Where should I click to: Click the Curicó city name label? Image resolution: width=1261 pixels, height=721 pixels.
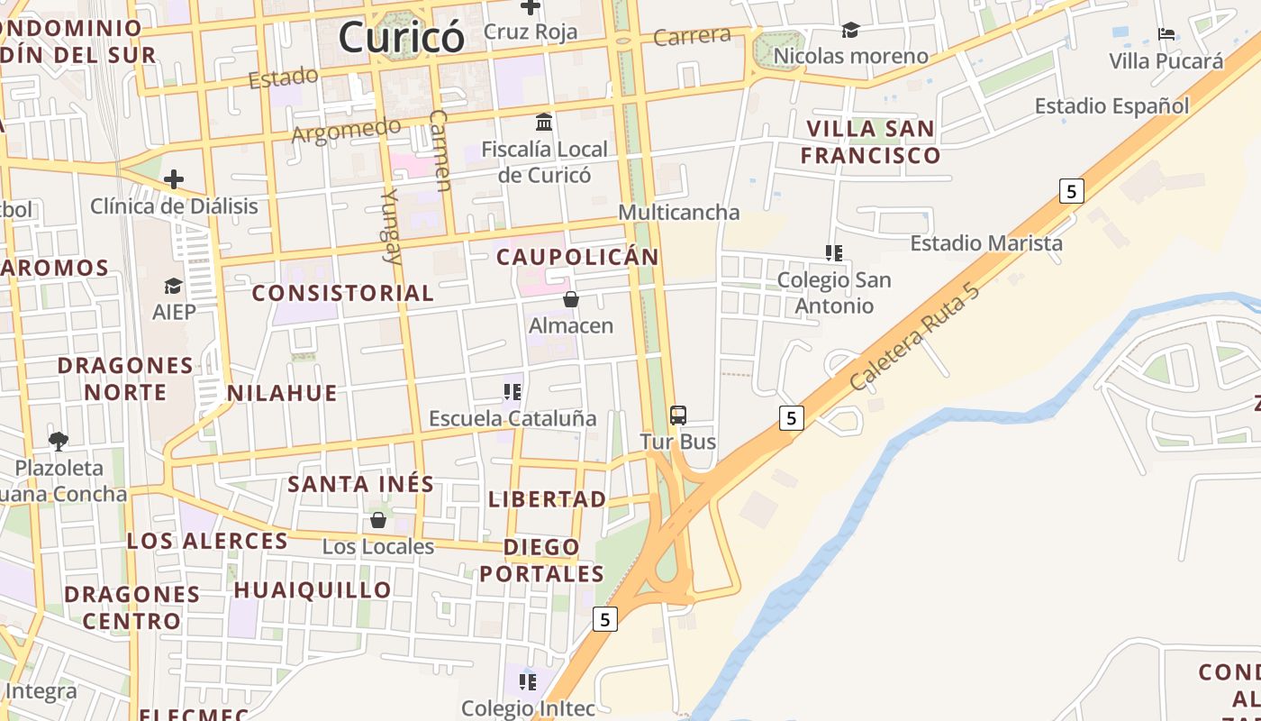[x=402, y=38]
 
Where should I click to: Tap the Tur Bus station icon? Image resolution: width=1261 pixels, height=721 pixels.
[x=678, y=415]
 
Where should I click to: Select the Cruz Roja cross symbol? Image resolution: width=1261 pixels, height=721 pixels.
[x=531, y=6]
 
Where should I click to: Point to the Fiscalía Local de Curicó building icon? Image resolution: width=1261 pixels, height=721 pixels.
[x=544, y=122]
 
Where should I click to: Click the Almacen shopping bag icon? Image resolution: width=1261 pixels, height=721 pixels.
[x=570, y=299]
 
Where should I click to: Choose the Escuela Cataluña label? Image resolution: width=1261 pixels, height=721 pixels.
[x=513, y=418]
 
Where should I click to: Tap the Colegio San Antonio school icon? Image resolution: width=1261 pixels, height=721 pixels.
[x=834, y=253]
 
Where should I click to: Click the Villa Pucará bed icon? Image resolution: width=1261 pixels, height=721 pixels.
[x=1166, y=35]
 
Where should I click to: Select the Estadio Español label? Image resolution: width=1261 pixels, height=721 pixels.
[x=1111, y=106]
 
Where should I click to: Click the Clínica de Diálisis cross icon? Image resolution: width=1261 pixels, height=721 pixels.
[x=174, y=180]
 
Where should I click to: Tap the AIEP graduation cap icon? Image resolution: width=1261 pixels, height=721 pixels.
[x=173, y=287]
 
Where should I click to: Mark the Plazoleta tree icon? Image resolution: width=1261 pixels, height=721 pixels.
[x=59, y=442]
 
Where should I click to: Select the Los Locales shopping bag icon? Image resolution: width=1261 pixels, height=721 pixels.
[x=378, y=520]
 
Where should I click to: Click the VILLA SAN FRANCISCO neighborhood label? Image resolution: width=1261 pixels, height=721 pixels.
[x=870, y=141]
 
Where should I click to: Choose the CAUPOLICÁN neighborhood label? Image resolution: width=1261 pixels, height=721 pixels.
[x=577, y=257]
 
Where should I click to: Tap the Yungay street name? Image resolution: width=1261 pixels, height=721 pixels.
[x=391, y=225]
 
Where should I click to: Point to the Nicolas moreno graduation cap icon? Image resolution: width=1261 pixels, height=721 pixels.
[x=850, y=31]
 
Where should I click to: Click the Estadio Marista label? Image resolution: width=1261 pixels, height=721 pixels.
[x=986, y=243]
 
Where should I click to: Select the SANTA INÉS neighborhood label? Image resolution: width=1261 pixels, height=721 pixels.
[x=361, y=484]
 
